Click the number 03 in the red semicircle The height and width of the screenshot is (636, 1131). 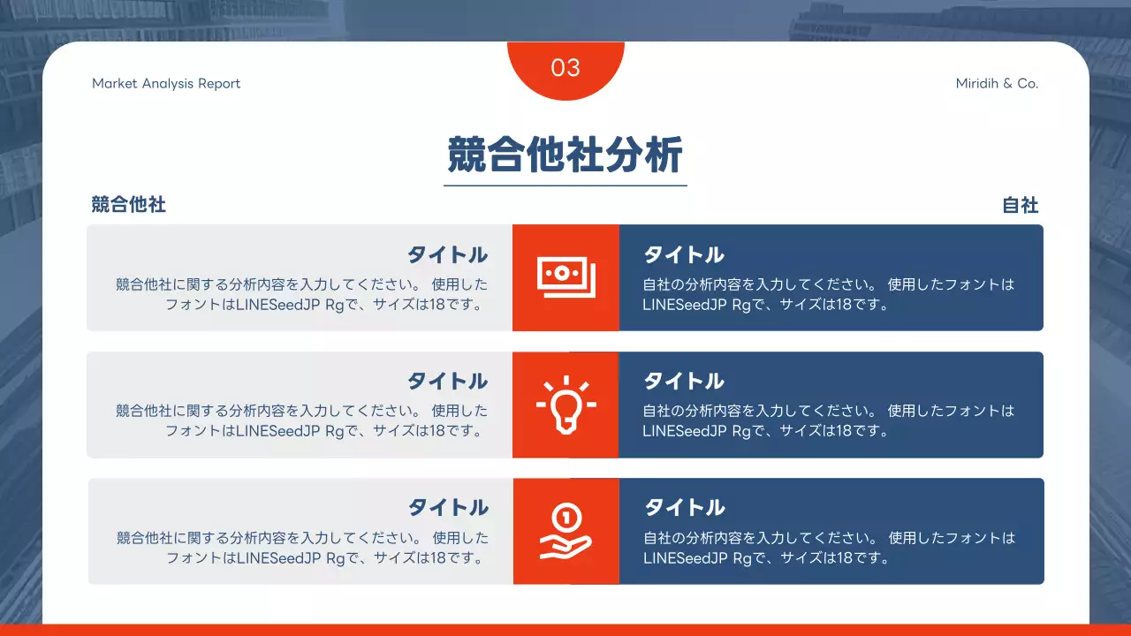click(565, 68)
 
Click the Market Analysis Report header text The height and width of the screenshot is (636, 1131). click(166, 84)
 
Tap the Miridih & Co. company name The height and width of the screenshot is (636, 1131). click(997, 84)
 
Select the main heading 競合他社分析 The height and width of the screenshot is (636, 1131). click(565, 155)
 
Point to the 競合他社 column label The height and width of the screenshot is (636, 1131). click(129, 205)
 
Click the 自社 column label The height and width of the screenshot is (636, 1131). click(1020, 206)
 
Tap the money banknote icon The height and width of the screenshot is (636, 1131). click(565, 277)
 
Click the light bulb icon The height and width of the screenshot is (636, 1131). click(565, 405)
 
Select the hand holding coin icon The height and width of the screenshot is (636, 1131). click(565, 531)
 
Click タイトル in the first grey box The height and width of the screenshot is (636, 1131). click(447, 255)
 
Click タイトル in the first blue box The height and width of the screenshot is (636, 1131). click(684, 255)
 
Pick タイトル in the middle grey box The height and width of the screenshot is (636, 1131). click(447, 382)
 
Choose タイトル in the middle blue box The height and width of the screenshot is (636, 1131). click(684, 382)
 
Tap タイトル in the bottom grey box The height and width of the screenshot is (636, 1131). click(448, 508)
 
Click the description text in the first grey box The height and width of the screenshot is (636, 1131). click(302, 295)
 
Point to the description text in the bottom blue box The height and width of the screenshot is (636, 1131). click(829, 548)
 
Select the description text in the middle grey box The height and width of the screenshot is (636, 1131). click(302, 421)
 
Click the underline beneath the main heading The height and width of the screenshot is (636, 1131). click(565, 185)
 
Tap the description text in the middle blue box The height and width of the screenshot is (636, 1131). click(828, 421)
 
